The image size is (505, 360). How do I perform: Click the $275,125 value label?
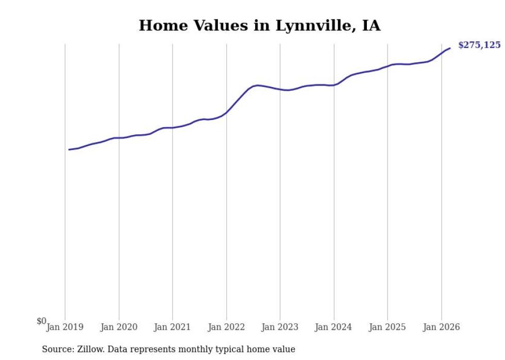(479, 45)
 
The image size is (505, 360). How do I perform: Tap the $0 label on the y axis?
(41, 321)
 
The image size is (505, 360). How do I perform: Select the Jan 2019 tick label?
(65, 327)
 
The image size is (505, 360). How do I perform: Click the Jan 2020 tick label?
(119, 327)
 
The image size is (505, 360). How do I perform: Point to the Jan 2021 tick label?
(173, 327)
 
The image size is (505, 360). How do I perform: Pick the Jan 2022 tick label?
(226, 327)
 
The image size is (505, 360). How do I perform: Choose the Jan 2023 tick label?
(280, 327)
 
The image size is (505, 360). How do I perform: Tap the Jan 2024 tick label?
(334, 327)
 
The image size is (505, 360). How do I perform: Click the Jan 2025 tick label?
(388, 327)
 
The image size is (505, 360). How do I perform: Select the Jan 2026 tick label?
(441, 327)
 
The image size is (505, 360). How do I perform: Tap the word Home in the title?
(160, 25)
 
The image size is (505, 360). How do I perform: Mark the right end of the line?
(450, 48)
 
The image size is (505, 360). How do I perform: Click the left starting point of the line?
(69, 150)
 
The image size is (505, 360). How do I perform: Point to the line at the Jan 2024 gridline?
(334, 85)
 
